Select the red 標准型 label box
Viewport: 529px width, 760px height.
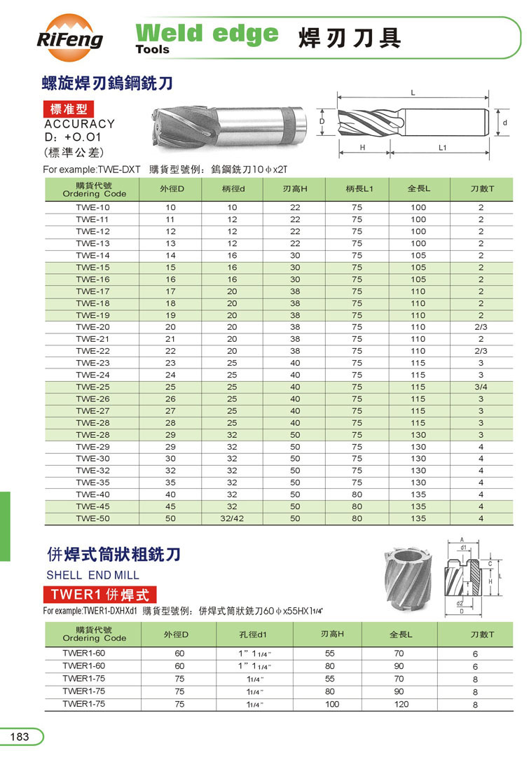point(68,109)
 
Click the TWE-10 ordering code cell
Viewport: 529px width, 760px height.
point(93,207)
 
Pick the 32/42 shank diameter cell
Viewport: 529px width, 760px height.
point(232,518)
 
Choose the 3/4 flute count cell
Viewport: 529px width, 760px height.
point(481,387)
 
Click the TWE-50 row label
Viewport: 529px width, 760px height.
point(93,518)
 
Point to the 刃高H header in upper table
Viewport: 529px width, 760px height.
point(295,189)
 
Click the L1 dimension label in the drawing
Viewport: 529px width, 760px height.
point(443,148)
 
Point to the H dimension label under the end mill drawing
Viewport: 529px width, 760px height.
point(363,148)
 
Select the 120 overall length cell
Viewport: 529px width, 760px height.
point(401,704)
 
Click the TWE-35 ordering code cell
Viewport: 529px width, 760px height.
point(93,482)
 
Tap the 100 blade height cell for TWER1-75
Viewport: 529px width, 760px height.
point(331,704)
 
